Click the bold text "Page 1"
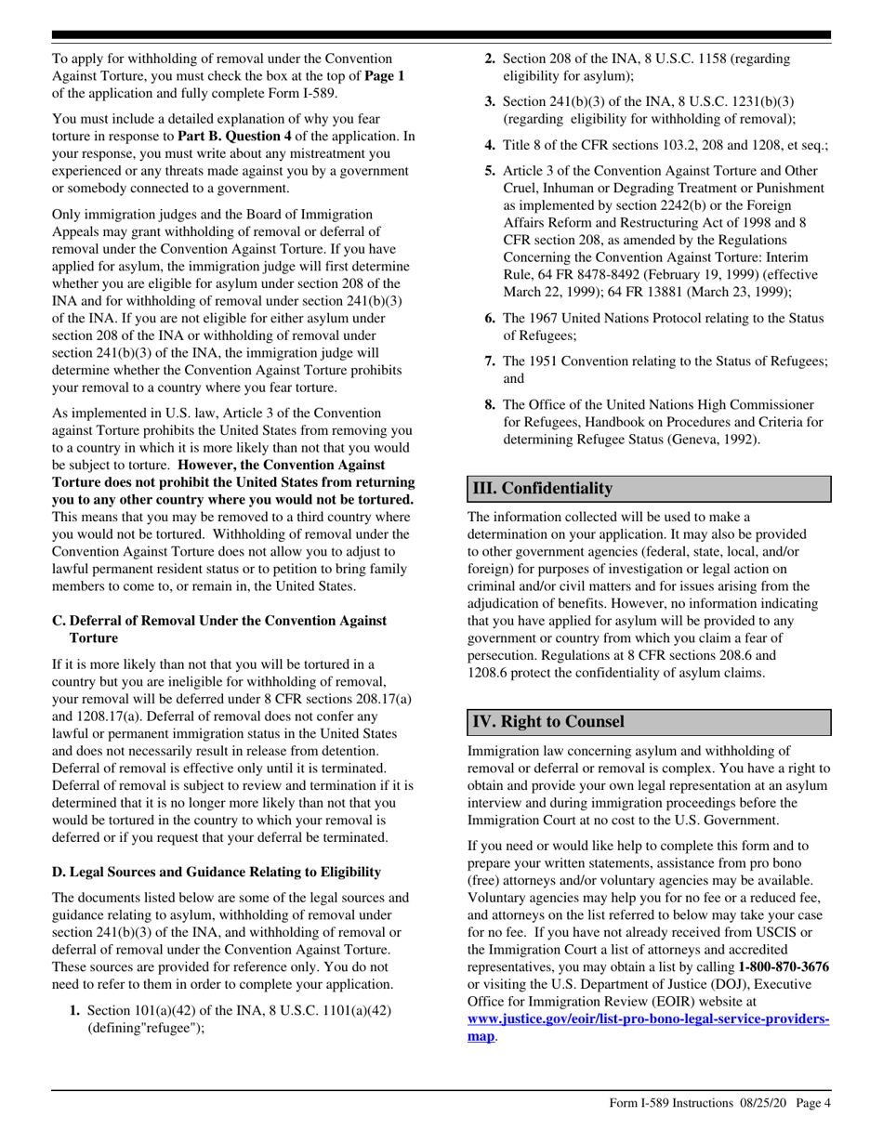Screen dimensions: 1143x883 tap(384, 75)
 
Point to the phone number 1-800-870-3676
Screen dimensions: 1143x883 tap(784, 966)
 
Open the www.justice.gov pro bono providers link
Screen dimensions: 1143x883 tap(648, 1019)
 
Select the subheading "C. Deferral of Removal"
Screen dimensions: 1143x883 tap(219, 621)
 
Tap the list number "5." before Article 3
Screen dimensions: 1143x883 tap(490, 171)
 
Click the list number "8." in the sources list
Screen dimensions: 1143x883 tap(490, 404)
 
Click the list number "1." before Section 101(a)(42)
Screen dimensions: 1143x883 tap(75, 1010)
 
